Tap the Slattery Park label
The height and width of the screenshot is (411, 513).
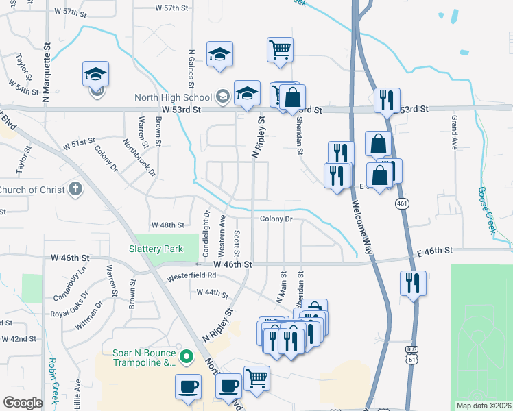point(156,249)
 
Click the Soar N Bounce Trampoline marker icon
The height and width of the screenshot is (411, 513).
point(185,357)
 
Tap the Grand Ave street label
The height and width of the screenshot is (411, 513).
point(454,134)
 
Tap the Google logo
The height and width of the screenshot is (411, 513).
point(23,403)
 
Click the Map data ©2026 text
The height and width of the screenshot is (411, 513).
point(484,406)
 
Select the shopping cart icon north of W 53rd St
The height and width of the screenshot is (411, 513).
point(280,50)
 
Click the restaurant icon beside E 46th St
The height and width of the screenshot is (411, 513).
point(413,282)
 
